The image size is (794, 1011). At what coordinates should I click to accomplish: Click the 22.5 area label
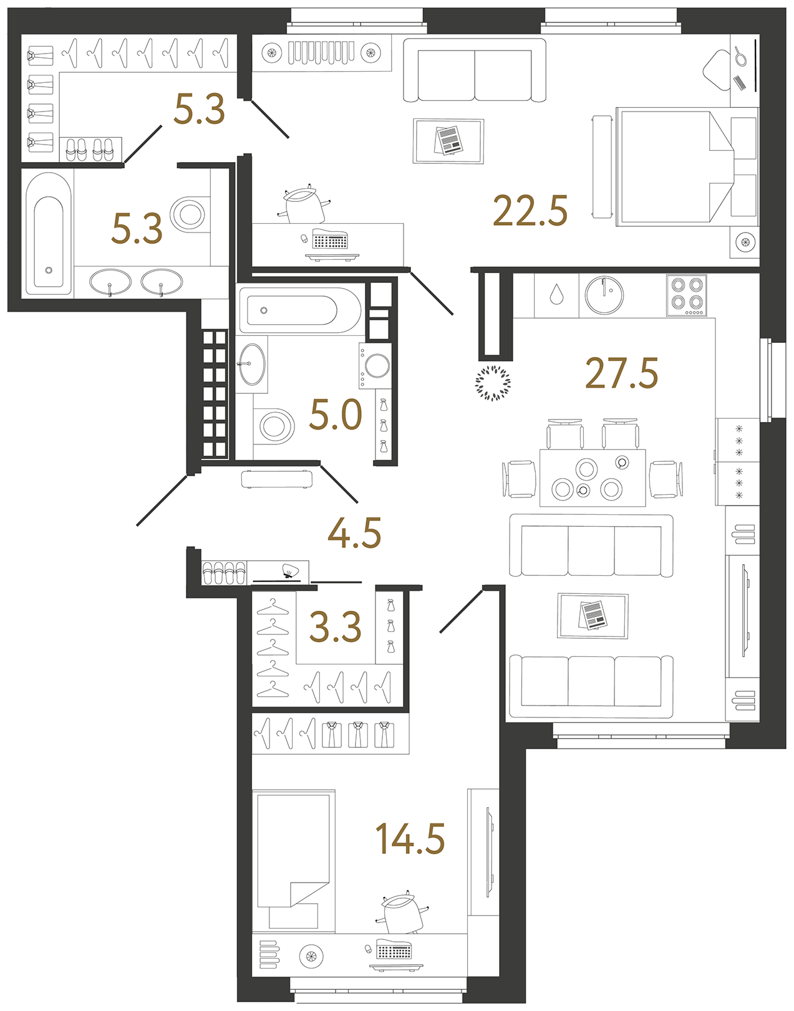click(x=530, y=211)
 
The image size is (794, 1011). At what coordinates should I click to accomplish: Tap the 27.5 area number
click(x=621, y=373)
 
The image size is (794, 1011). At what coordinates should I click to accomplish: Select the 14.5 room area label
click(x=410, y=838)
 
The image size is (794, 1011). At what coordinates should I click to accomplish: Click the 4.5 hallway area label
click(x=354, y=533)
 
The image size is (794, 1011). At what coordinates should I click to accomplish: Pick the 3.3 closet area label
click(x=335, y=626)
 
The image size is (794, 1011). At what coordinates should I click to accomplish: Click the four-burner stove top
click(x=687, y=295)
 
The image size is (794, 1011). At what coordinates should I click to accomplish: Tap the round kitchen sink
click(x=604, y=294)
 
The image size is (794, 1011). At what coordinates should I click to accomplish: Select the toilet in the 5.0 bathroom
click(x=274, y=426)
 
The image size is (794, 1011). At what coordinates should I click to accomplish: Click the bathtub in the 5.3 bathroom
click(x=49, y=234)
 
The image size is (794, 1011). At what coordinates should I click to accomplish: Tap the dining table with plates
click(x=593, y=477)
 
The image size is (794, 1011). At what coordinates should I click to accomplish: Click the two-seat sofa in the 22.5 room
click(x=474, y=70)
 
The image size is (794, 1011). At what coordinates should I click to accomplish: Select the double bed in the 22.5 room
click(x=687, y=167)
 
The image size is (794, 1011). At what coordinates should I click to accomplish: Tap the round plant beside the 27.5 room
click(x=493, y=383)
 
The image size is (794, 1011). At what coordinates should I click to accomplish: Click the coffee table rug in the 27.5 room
click(x=593, y=616)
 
